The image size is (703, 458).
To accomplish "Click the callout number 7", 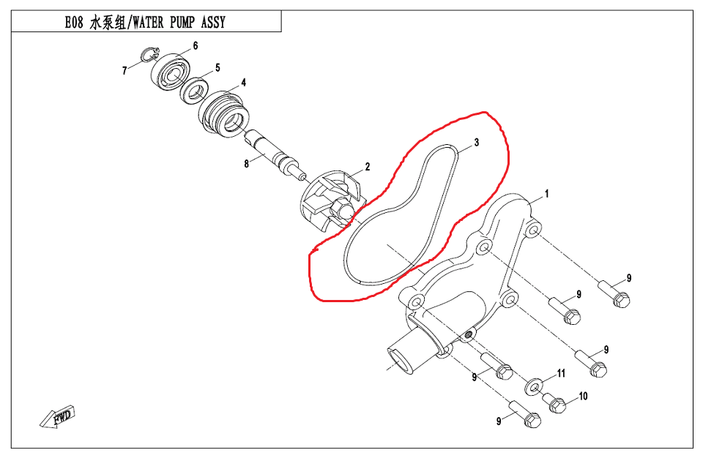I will [124, 71].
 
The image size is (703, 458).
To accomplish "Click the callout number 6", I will [196, 46].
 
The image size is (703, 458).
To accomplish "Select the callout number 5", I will [217, 68].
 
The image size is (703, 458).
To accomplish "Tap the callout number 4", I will [243, 83].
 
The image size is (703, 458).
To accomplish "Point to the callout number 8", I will [247, 163].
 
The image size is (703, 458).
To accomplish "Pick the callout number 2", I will [368, 167].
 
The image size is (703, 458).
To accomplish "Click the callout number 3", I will [476, 142].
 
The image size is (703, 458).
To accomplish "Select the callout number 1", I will [546, 195].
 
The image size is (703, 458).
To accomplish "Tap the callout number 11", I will [562, 373].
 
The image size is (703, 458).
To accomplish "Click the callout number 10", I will [583, 397].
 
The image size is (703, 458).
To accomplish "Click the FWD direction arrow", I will [59, 417].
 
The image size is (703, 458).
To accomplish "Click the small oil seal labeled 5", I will [196, 91].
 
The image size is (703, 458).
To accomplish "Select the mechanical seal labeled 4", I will [225, 113].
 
